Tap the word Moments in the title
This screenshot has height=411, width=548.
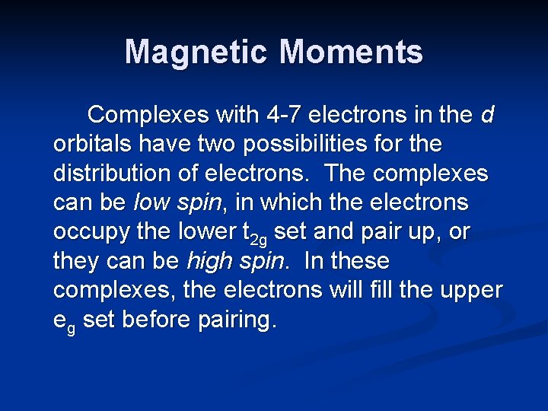coord(351,52)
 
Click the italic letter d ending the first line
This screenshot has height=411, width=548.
coord(487,115)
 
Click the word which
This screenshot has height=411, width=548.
coord(288,203)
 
